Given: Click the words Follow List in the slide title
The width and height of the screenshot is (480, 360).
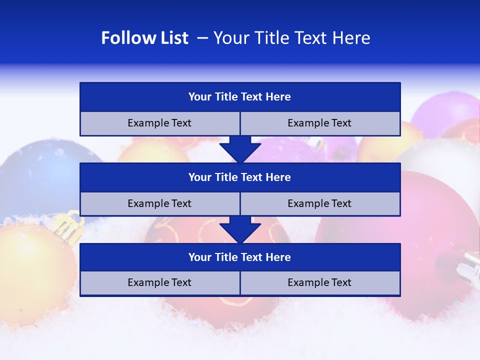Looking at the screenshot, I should pyautogui.click(x=144, y=38).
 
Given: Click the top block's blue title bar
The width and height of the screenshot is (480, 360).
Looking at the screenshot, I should pyautogui.click(x=240, y=97).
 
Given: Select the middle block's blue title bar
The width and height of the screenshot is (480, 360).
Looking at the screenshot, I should pyautogui.click(x=240, y=177).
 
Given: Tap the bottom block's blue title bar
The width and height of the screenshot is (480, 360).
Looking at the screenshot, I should pyautogui.click(x=240, y=257).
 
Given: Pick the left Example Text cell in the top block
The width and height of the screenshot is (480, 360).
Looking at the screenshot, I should pyautogui.click(x=159, y=123).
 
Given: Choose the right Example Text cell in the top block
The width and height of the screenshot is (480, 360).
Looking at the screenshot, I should pyautogui.click(x=320, y=123).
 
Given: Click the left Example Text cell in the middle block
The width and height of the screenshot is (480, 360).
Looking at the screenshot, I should pyautogui.click(x=159, y=204).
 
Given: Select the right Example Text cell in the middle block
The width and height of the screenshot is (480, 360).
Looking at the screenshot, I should pyautogui.click(x=320, y=204).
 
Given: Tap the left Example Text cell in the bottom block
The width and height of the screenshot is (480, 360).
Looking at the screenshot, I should pyautogui.click(x=159, y=283).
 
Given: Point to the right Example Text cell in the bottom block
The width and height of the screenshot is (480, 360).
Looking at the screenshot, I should pyautogui.click(x=320, y=283).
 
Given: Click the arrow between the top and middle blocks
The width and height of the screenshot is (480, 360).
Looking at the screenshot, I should pyautogui.click(x=240, y=149).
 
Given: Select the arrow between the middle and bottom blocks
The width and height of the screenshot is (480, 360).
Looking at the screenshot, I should pyautogui.click(x=240, y=229).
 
